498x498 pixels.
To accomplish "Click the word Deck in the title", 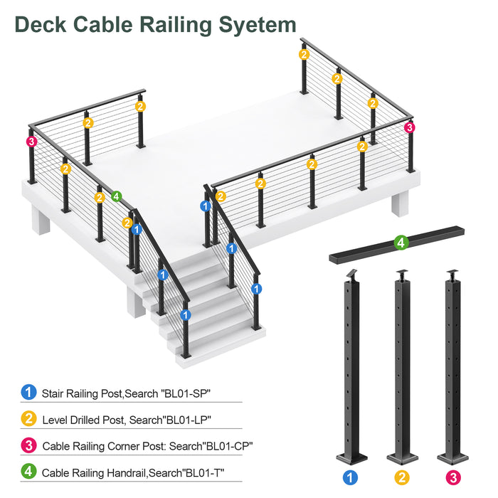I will click(x=43, y=24).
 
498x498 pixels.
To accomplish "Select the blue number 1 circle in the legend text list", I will click(x=28, y=391).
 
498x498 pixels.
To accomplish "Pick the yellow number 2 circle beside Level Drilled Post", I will click(x=28, y=418).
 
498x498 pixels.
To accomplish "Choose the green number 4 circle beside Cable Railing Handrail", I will click(x=28, y=471).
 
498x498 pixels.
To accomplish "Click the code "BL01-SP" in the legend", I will click(x=187, y=392).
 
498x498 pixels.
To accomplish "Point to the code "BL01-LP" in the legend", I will click(x=186, y=420).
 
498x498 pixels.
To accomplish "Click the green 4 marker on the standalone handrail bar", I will click(x=401, y=243).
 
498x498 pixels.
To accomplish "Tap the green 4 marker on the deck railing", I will click(x=116, y=196).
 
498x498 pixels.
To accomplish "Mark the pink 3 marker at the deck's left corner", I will click(x=31, y=142).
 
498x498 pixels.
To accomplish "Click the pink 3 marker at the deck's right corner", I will click(x=409, y=127).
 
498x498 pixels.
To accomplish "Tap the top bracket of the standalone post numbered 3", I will click(x=452, y=273).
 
